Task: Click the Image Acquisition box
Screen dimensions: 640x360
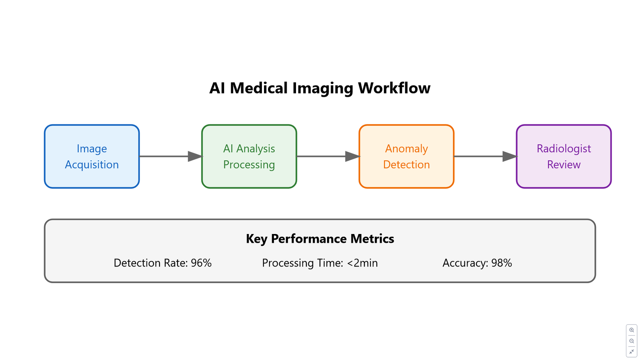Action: click(92, 156)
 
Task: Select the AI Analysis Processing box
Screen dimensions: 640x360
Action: click(249, 156)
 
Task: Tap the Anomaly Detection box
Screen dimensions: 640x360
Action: click(406, 156)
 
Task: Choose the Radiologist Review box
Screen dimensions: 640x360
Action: click(564, 156)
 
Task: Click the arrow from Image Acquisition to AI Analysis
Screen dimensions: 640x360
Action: click(171, 156)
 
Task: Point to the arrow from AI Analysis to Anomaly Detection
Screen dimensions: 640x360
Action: click(328, 156)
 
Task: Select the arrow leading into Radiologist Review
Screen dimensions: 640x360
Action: click(486, 156)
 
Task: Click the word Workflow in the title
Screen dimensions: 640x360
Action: click(394, 88)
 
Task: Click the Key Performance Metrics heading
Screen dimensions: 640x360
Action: click(320, 238)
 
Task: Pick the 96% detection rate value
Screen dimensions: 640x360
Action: click(201, 263)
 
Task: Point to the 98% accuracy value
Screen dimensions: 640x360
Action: click(502, 263)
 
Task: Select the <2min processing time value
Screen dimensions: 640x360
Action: click(362, 263)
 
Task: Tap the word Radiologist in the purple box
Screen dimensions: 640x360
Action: click(564, 148)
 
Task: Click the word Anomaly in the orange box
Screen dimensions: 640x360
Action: click(406, 149)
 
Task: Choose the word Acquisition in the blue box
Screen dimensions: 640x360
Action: click(92, 165)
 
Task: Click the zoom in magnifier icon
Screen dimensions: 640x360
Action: click(632, 330)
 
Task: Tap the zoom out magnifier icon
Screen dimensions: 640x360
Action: click(632, 341)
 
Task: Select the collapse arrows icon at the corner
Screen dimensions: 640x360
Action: click(632, 352)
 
